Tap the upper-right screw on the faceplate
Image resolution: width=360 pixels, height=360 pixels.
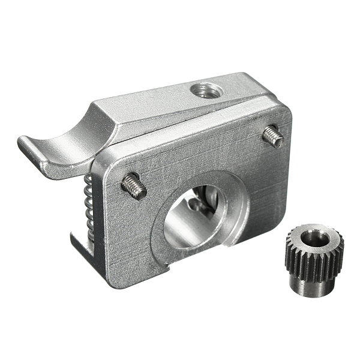click(x=273, y=137)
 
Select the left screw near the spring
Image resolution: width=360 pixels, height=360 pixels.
click(x=134, y=187)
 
